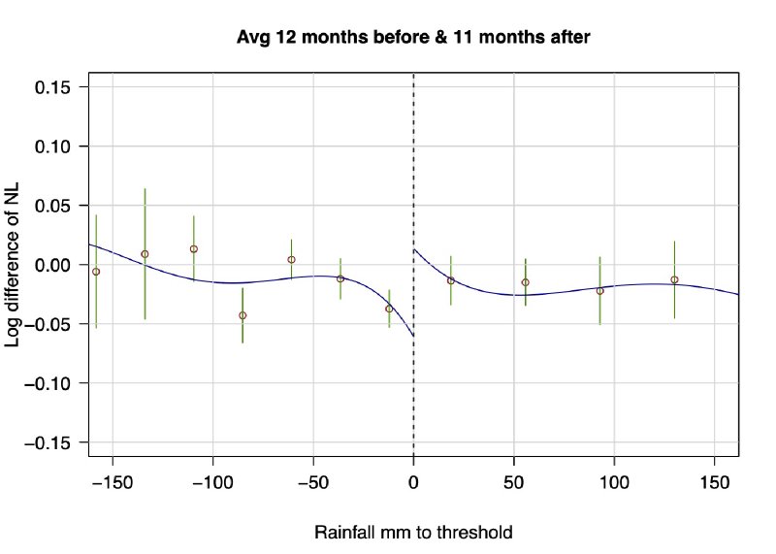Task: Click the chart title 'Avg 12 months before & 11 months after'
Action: tap(414, 37)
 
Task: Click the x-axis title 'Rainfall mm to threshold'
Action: tap(413, 533)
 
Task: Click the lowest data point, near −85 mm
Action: tap(242, 315)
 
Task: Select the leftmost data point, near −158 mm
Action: tap(96, 272)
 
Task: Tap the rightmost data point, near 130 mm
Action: tap(674, 279)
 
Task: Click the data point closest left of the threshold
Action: tap(389, 309)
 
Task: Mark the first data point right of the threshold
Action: tap(450, 280)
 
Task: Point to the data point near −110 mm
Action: tap(194, 249)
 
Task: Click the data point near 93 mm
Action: tap(600, 291)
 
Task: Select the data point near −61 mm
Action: tap(291, 259)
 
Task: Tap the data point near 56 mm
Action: tap(526, 282)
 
